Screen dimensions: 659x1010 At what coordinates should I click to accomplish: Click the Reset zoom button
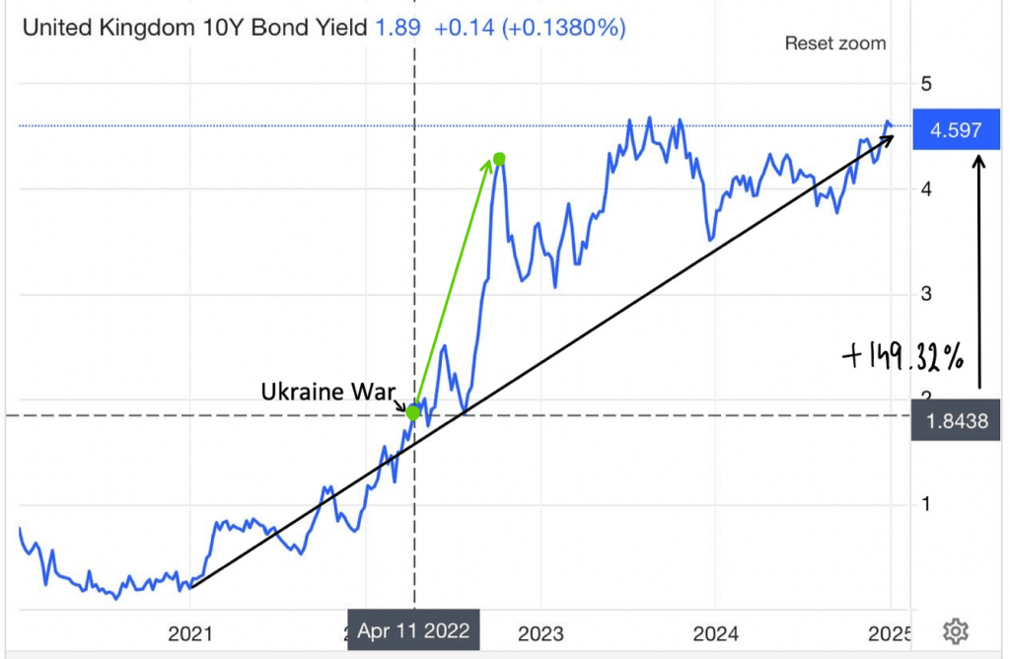pos(834,43)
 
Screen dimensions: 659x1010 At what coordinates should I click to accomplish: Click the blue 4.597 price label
pos(949,129)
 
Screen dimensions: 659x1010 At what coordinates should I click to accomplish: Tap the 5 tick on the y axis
pos(925,84)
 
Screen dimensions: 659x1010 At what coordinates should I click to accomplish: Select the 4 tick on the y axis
pos(925,187)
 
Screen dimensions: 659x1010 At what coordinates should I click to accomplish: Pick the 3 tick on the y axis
pos(925,294)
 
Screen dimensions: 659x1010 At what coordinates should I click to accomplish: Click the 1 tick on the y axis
pos(925,504)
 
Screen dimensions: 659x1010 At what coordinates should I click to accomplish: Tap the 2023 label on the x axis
pos(541,630)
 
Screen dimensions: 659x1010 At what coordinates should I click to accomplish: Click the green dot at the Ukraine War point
pos(413,412)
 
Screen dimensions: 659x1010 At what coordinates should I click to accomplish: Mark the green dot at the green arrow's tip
pos(499,159)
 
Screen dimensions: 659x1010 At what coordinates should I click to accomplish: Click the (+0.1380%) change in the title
pos(563,27)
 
